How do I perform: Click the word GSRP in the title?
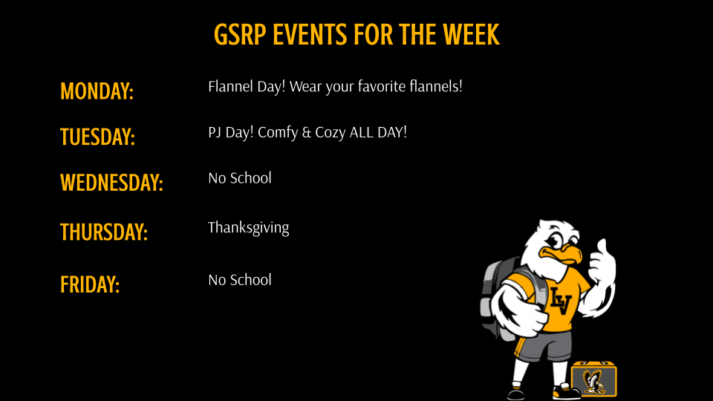pos(240,35)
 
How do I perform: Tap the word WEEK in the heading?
pos(472,35)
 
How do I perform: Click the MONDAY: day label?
pos(97,91)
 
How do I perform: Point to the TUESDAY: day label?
pos(97,137)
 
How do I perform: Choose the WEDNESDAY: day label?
pos(111,183)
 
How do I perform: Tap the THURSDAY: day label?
pos(104,232)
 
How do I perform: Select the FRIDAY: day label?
pos(90,284)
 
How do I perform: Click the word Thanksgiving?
pos(248,228)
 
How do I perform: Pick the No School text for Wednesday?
pos(239,178)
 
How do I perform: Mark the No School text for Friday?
pos(239,280)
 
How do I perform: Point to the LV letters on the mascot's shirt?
pos(561,300)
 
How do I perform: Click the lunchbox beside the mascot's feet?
pos(594,379)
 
